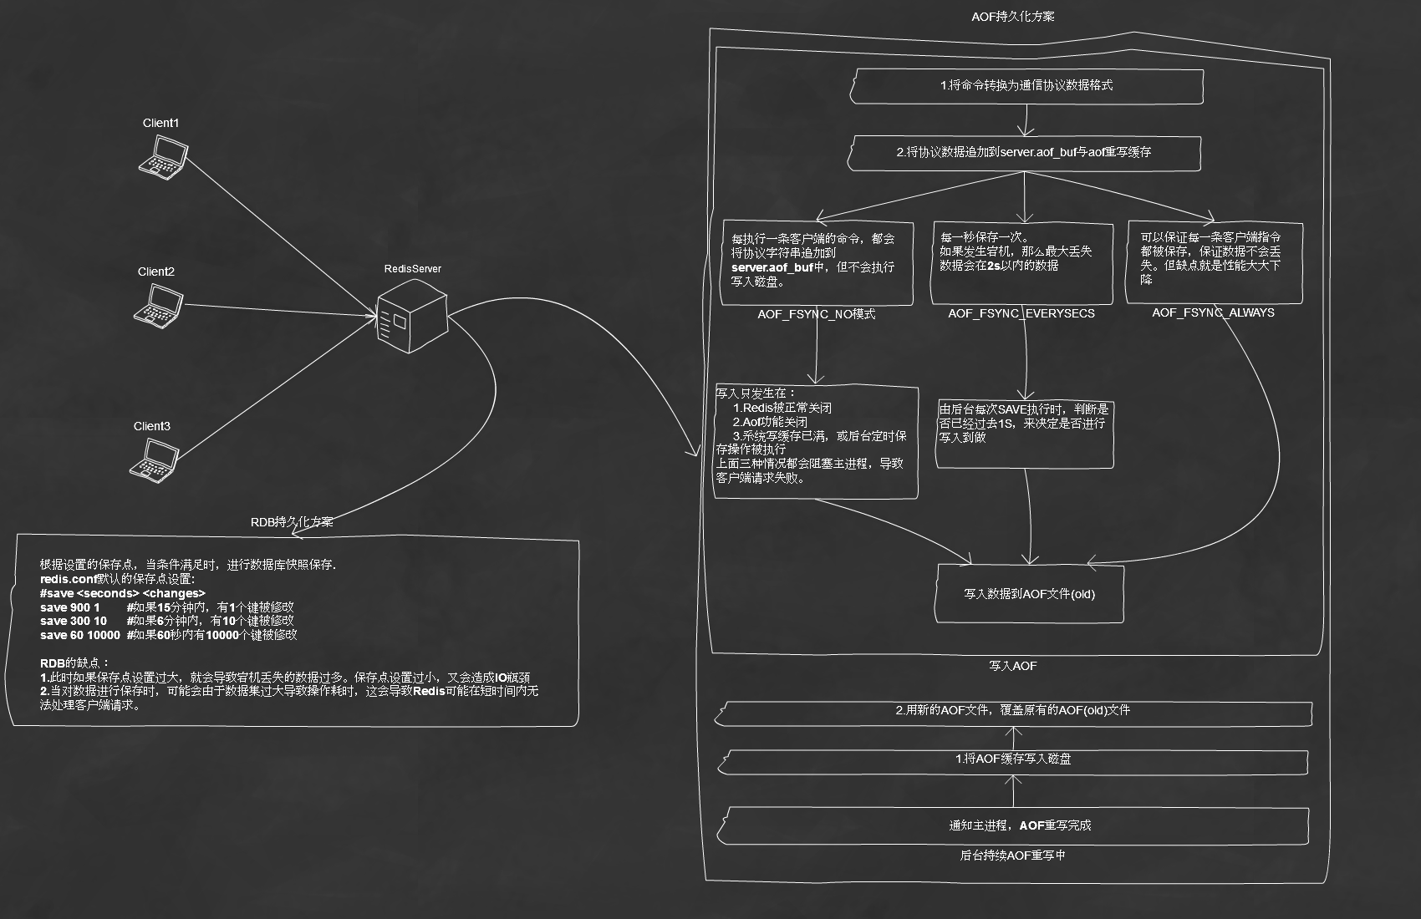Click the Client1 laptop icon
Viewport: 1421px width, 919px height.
163,157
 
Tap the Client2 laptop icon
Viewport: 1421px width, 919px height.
159,306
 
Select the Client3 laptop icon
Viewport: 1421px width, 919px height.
155,460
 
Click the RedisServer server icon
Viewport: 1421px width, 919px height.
412,317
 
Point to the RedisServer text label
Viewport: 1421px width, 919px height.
413,269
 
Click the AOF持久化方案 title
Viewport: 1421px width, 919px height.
1013,17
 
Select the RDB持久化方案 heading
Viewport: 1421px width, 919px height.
292,522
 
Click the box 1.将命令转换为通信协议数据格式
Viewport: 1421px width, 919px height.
1026,86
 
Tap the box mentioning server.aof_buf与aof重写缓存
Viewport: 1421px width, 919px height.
1025,153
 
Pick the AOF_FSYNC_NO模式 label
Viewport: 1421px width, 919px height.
817,314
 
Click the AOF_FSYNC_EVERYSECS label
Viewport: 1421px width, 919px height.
1021,313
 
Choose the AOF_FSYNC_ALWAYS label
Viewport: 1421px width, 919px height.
1214,312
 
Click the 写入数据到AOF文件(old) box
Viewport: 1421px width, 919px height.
1030,594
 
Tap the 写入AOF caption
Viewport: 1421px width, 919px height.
1013,666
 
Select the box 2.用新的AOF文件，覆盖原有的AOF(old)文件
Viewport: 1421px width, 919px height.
1013,713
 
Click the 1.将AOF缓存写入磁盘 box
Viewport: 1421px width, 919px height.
1014,761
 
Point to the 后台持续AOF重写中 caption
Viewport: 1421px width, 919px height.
1012,856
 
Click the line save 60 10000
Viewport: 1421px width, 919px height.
80,635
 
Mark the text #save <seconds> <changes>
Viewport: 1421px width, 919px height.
123,593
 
